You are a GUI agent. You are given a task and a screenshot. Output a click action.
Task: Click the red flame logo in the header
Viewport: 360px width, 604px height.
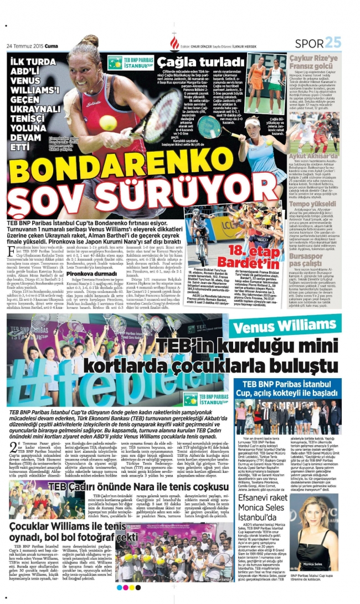(x=175, y=42)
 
